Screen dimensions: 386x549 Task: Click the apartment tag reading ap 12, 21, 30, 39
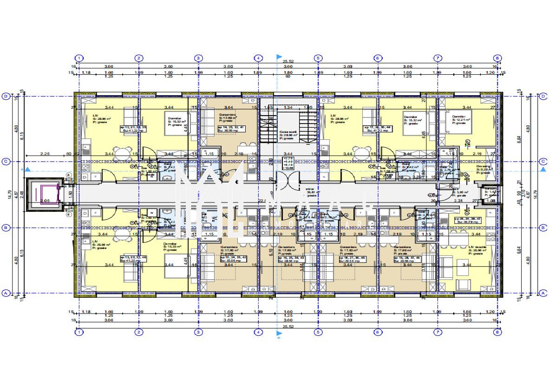133,129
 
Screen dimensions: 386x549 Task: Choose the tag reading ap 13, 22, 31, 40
133,258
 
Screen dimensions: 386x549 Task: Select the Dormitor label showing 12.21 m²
463,119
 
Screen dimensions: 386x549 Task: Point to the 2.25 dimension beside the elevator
45,153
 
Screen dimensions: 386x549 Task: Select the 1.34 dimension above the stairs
288,107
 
